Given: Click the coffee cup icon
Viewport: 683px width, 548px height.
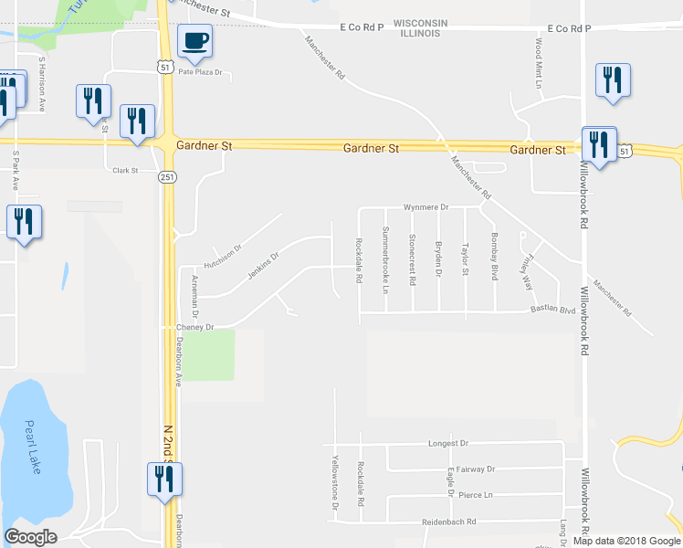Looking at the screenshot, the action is (x=196, y=41).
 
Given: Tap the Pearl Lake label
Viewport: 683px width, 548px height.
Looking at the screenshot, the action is (x=37, y=455).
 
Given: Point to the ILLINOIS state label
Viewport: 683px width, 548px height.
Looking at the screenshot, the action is (x=420, y=33).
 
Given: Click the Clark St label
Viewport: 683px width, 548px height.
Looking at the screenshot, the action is (x=124, y=170).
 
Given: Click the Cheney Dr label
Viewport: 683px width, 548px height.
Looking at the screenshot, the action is (x=196, y=327).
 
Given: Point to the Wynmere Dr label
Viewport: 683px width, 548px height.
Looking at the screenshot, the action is (x=427, y=207).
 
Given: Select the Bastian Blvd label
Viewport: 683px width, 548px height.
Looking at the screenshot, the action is (x=553, y=311).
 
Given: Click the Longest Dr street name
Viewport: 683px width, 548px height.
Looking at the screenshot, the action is (x=447, y=443).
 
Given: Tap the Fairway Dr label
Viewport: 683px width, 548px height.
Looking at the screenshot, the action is (x=476, y=469).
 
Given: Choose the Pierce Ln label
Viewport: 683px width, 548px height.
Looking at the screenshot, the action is (x=476, y=495).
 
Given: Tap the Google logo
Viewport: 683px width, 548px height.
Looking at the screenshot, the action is (x=30, y=537).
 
